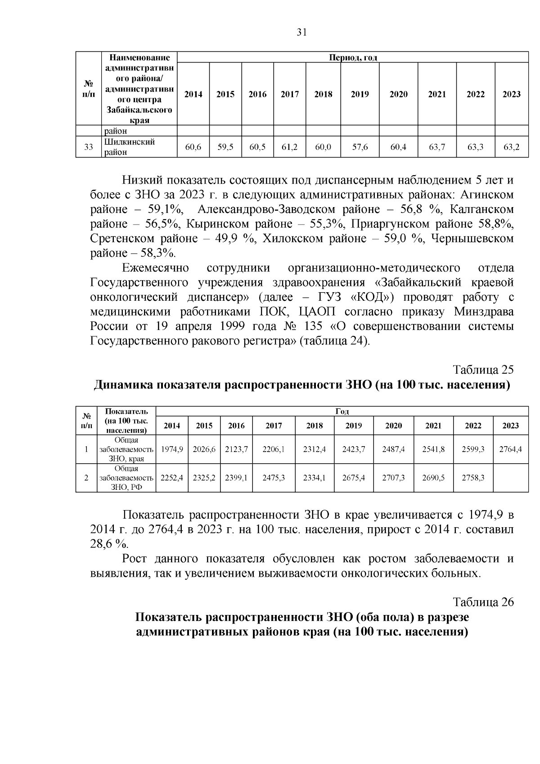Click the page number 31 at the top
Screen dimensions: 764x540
click(x=301, y=32)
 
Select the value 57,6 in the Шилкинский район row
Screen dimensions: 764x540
click(x=360, y=147)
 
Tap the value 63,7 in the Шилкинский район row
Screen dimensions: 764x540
click(x=437, y=147)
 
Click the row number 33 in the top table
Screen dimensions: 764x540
click(x=89, y=147)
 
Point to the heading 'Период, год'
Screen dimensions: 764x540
click(x=353, y=57)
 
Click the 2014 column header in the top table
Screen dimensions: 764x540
click(x=193, y=94)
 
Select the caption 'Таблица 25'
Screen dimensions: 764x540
click(x=483, y=370)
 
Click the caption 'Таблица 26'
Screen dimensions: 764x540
click(x=483, y=602)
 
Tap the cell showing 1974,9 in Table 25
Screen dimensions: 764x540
click(x=172, y=449)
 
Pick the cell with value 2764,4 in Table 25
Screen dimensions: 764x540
click(x=510, y=449)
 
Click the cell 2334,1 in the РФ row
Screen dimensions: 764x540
click(x=314, y=478)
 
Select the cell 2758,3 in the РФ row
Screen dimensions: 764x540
click(x=473, y=478)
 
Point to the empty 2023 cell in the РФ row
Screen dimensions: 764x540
click(x=510, y=478)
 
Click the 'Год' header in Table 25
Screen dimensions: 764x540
click(x=342, y=411)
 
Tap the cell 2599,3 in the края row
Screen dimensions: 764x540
click(x=473, y=449)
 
